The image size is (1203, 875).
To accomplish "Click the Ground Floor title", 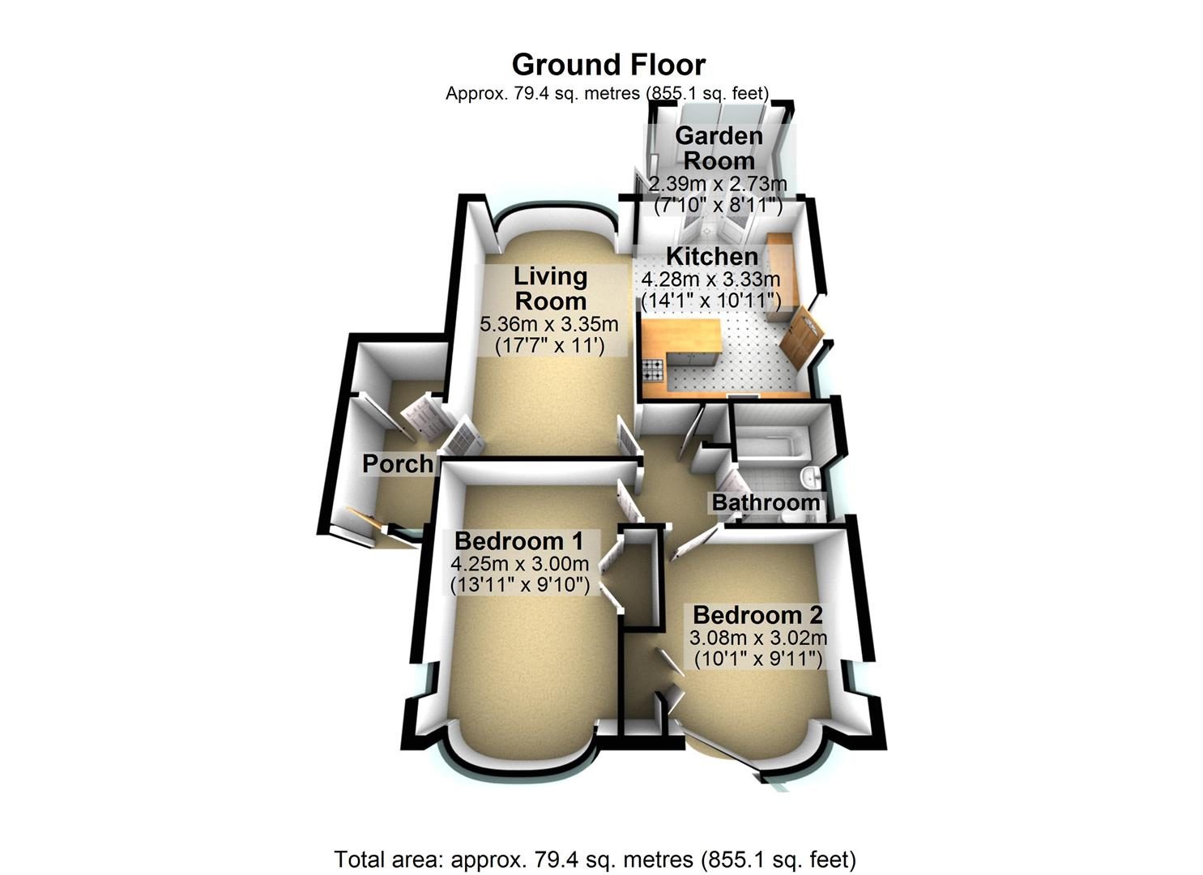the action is tap(608, 65).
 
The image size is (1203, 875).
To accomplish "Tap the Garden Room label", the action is tap(719, 148).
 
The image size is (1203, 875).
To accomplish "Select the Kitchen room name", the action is tap(712, 257).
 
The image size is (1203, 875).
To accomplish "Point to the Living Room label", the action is tap(551, 288).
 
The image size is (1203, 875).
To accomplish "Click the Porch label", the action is tap(398, 463).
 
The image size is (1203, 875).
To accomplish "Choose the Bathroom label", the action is tap(766, 503).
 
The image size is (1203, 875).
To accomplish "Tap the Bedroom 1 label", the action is tap(518, 541).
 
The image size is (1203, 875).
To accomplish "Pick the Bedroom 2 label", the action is tap(757, 615).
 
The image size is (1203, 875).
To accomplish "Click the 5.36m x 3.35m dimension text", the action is tap(549, 324).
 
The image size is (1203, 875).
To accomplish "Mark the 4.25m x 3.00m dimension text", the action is tap(520, 564).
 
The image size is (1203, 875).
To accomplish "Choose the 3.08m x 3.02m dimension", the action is tap(758, 638).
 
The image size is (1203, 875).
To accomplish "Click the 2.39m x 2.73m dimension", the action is tap(719, 184).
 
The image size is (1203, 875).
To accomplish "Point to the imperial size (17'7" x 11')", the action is tap(550, 346).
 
